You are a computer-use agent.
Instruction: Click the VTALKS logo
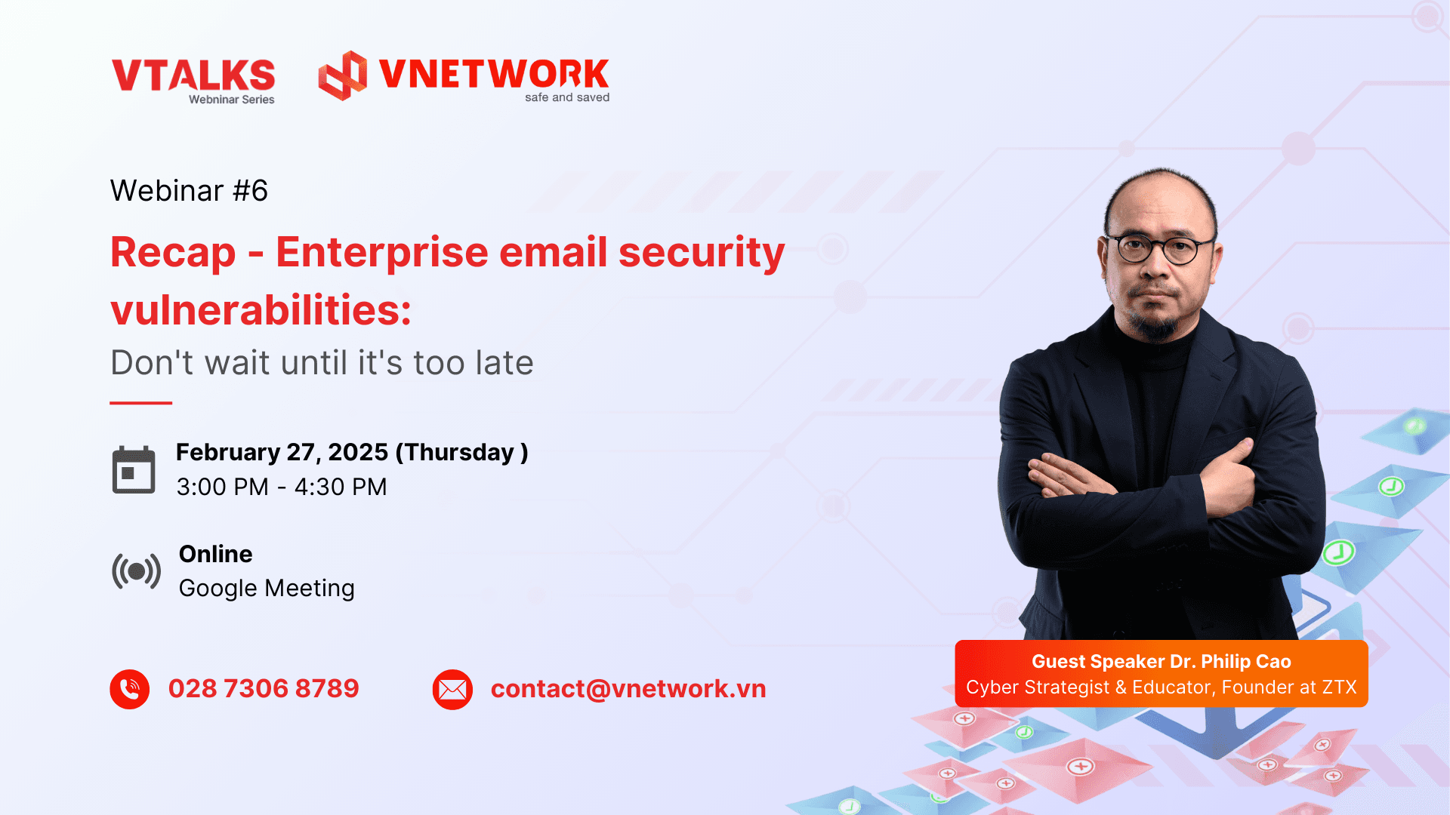193,81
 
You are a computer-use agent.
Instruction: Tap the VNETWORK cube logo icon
342,75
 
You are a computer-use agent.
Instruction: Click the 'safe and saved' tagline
567,97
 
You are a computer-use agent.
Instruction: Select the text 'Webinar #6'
189,191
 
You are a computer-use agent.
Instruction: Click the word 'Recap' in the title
173,253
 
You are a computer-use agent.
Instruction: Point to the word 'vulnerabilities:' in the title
261,310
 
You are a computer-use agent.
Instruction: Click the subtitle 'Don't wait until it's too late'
322,363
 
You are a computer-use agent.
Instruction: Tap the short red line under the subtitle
141,403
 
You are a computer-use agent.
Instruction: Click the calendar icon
134,469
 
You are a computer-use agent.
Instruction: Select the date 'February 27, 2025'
282,452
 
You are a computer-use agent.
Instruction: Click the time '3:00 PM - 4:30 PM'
282,487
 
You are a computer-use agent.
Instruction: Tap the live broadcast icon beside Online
136,571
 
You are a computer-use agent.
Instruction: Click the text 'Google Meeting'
267,589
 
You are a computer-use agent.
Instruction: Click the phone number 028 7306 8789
264,688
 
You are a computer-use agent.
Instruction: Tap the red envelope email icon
452,690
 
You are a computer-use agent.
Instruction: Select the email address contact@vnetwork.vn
628,689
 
